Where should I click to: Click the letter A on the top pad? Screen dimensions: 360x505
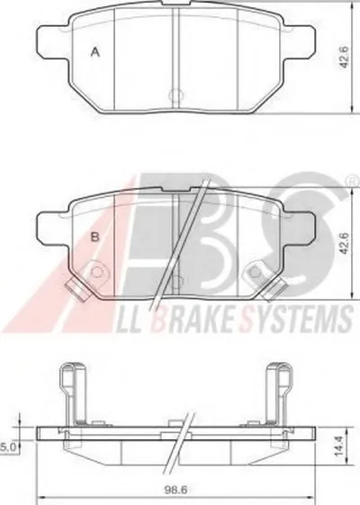click(95, 52)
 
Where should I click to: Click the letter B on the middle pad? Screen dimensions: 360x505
click(95, 238)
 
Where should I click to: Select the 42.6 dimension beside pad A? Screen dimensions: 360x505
click(344, 57)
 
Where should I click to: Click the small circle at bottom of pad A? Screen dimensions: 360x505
click(175, 95)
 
